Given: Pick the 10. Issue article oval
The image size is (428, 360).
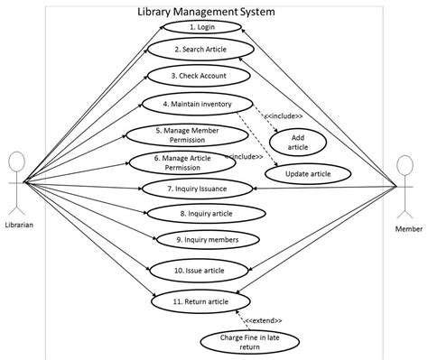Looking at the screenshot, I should tap(199, 270).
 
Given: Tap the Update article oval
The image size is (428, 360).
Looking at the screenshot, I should tap(308, 173).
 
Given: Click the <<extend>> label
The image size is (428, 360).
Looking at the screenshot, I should tap(263, 320).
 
